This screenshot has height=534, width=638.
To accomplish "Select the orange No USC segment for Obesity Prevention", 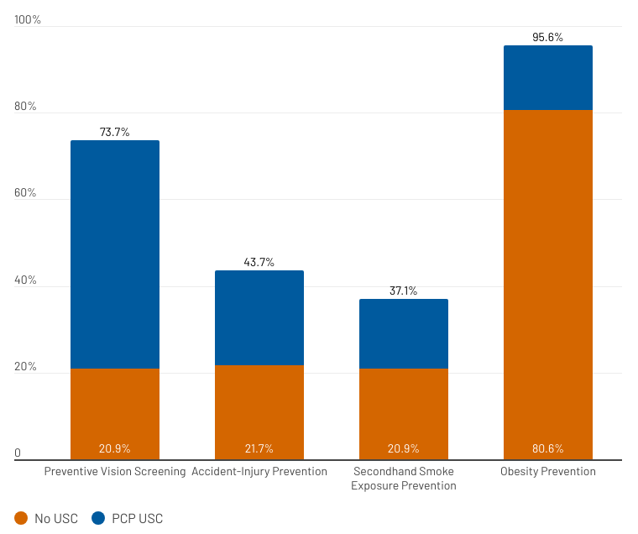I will pyautogui.click(x=548, y=277).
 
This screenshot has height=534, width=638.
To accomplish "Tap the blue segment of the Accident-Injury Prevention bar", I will pyautogui.click(x=259, y=317).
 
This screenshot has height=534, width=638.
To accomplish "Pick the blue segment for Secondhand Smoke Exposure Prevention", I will pyautogui.click(x=404, y=333).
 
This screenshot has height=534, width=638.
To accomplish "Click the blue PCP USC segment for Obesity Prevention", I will pyautogui.click(x=548, y=77).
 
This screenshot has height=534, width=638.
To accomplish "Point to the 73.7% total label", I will pyautogui.click(x=115, y=132).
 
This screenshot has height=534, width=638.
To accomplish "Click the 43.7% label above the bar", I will pyautogui.click(x=259, y=262).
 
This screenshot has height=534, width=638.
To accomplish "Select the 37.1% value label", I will pyautogui.click(x=404, y=291).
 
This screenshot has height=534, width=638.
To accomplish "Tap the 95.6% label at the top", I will pyautogui.click(x=548, y=37).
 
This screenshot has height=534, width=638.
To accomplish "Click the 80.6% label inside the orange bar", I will pyautogui.click(x=548, y=448).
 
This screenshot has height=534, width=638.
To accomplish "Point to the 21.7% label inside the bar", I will pyautogui.click(x=259, y=448).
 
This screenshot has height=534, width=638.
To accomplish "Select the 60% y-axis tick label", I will pyautogui.click(x=26, y=193).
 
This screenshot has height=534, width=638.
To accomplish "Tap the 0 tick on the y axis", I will pyautogui.click(x=18, y=453).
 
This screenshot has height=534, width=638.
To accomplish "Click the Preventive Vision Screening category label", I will pyautogui.click(x=115, y=472).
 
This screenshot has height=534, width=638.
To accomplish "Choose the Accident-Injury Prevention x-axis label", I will pyautogui.click(x=259, y=472).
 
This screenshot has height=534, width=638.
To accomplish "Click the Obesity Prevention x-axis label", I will pyautogui.click(x=548, y=472).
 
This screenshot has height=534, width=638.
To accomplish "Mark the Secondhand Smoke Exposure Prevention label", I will pyautogui.click(x=404, y=479).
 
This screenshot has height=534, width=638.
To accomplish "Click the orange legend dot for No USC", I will pyautogui.click(x=21, y=518).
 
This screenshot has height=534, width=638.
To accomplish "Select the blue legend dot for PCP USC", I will pyautogui.click(x=97, y=518).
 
